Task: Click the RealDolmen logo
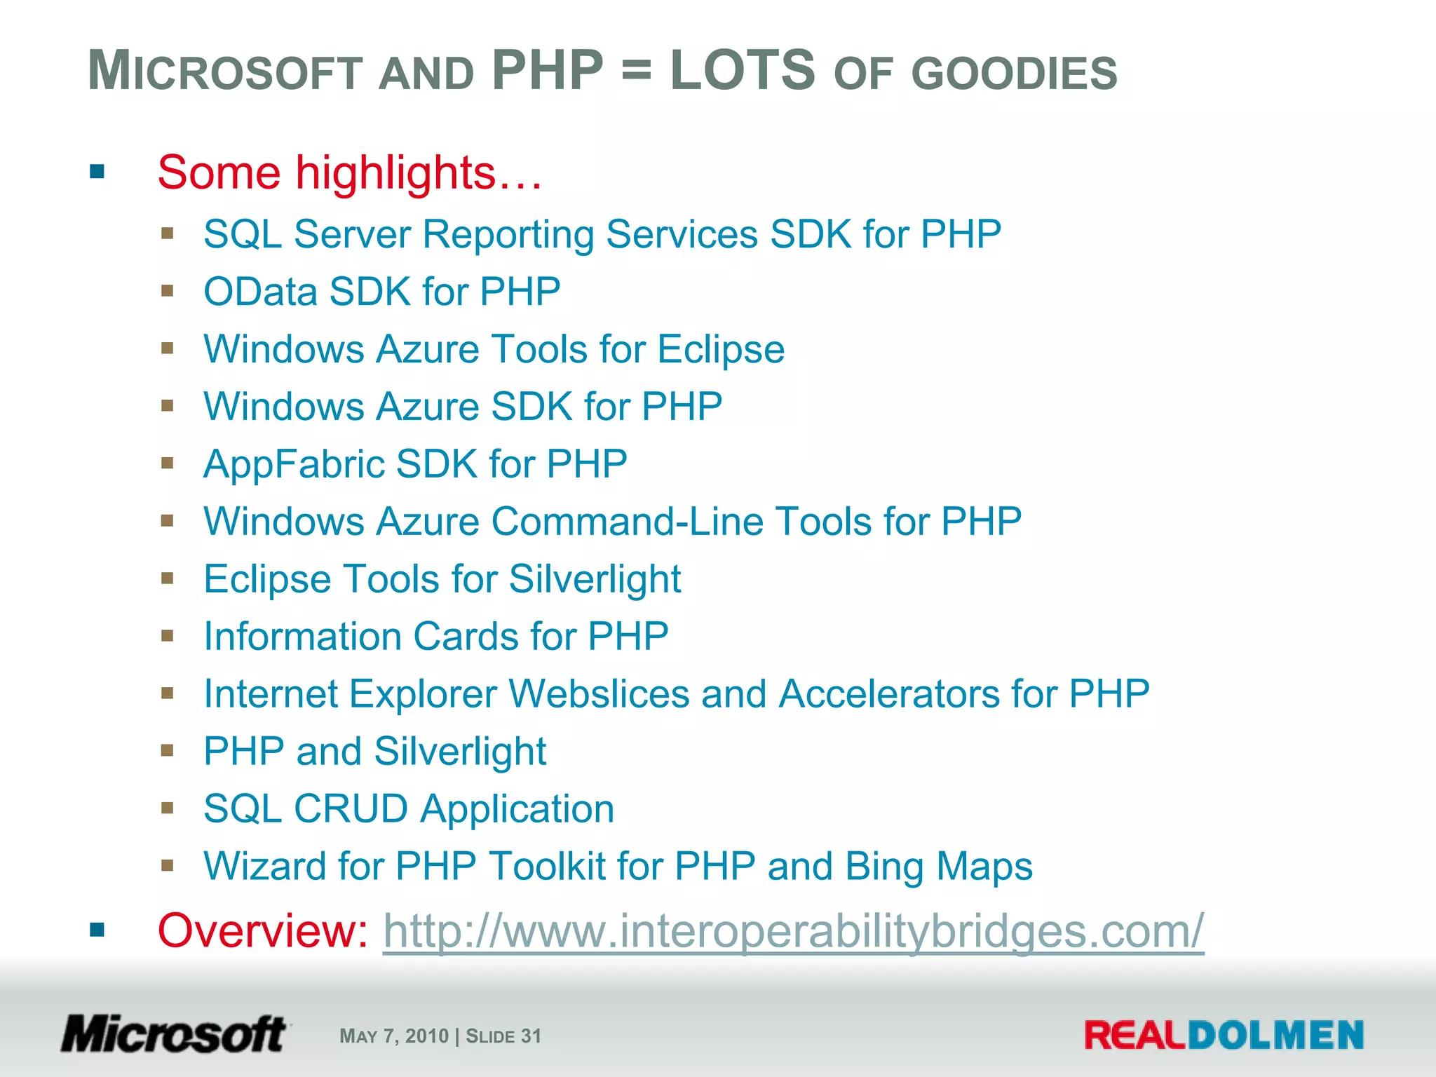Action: coord(1224,1036)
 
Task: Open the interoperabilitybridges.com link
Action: coord(793,931)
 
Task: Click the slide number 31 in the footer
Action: coord(531,1036)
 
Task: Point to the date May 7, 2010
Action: coord(393,1036)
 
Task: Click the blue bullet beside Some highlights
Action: coord(97,172)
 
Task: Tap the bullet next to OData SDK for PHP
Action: coord(167,291)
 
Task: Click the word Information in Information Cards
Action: coord(302,637)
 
